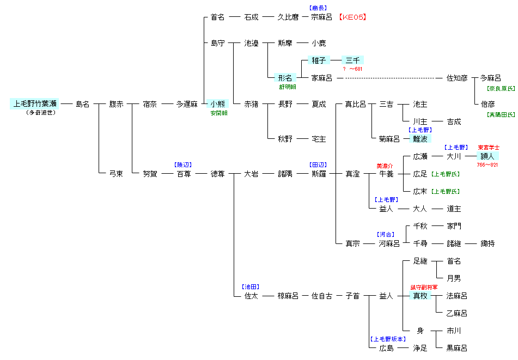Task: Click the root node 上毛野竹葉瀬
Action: click(x=35, y=103)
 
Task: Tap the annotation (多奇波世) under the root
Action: click(x=41, y=113)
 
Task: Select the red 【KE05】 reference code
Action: click(x=352, y=17)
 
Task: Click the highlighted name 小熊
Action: click(x=217, y=103)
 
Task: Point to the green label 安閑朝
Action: click(x=219, y=113)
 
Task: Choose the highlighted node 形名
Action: click(x=285, y=78)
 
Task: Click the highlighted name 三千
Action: click(x=352, y=60)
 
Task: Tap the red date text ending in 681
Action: click(x=352, y=69)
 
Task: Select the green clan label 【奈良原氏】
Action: click(x=501, y=89)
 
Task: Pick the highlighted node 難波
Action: click(x=420, y=139)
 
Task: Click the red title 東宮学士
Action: click(x=489, y=147)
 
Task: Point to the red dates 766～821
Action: click(x=487, y=165)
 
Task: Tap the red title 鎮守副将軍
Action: click(x=424, y=288)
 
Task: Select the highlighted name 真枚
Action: click(x=420, y=296)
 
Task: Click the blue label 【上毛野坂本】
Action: click(x=388, y=339)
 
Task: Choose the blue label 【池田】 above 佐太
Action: click(x=251, y=287)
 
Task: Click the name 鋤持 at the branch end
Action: click(x=487, y=244)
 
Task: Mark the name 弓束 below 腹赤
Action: click(x=116, y=174)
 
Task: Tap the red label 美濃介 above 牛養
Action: click(x=385, y=166)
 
